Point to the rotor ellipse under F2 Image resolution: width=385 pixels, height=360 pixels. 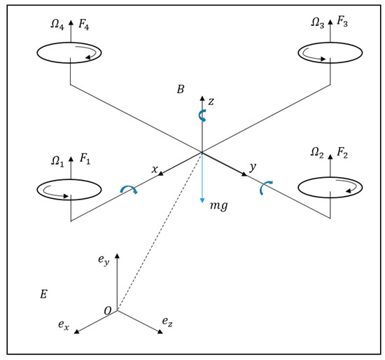(330, 187)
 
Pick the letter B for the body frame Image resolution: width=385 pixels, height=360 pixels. (181, 90)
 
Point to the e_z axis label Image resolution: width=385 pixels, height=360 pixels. (167, 321)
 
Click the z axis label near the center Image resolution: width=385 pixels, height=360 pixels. (211, 102)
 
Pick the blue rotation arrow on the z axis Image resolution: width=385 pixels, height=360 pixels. (202, 115)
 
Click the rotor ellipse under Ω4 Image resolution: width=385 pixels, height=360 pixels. (69, 53)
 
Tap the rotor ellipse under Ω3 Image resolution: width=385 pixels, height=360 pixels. (330, 52)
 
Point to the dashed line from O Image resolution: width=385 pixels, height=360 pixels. (159, 233)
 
